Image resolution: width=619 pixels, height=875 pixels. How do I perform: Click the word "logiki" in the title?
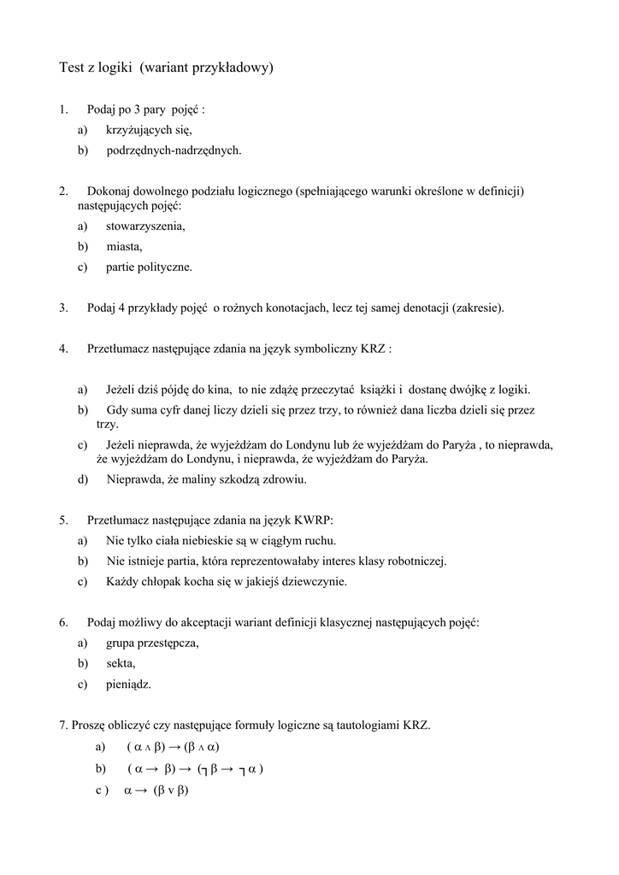[x=111, y=68]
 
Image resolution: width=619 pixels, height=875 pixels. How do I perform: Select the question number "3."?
[x=63, y=308]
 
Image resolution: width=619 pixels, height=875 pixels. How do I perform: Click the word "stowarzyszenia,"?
[x=145, y=226]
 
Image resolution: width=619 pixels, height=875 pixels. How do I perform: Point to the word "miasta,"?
[x=125, y=247]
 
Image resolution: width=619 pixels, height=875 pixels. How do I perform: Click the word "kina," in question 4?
[x=218, y=390]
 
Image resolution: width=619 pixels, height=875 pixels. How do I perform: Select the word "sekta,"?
[x=121, y=663]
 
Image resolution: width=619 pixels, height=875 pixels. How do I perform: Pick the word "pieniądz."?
[x=129, y=684]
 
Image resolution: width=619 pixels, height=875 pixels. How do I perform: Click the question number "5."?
[x=63, y=520]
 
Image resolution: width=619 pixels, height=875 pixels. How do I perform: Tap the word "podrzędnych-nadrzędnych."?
[x=174, y=150]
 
